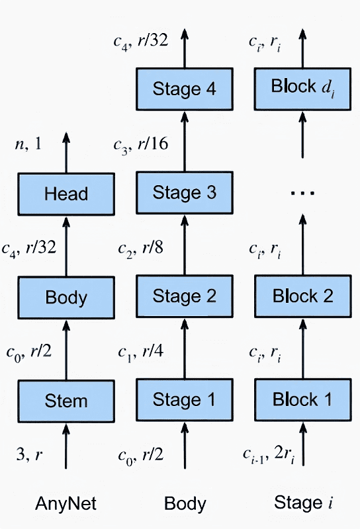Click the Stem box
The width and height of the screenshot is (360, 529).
pos(66,400)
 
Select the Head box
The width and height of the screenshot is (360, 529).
pos(66,194)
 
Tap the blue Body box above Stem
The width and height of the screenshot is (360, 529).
pos(66,297)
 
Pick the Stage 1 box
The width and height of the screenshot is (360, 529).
pos(185,400)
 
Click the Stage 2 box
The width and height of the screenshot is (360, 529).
pos(185,297)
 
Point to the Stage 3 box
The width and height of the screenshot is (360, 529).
pos(185,194)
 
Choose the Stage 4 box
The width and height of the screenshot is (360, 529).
pos(185,89)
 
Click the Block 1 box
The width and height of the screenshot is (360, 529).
pos(303,400)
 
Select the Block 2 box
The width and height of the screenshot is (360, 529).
pos(303,297)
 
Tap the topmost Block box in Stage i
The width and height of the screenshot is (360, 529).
pos(303,89)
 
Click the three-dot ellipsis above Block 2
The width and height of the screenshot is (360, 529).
pos(303,193)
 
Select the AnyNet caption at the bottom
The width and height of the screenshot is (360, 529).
pos(66,504)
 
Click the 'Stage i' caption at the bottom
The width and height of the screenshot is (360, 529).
pos(303,504)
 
